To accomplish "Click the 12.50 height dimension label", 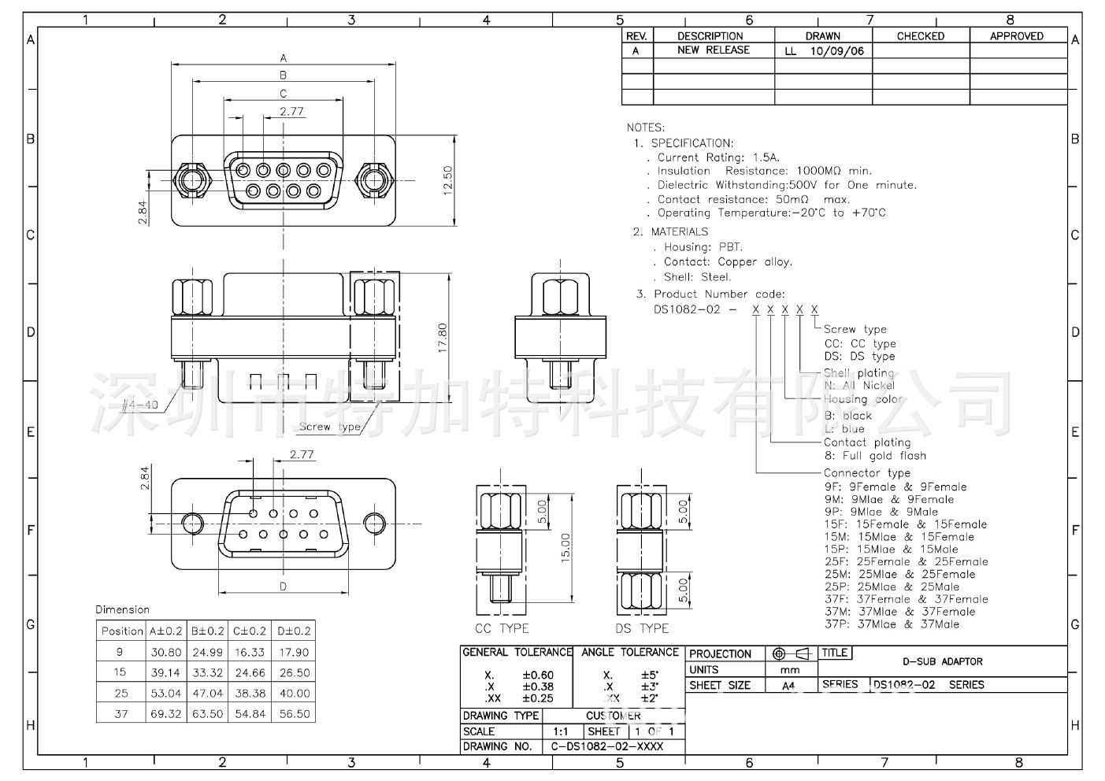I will point(447,180).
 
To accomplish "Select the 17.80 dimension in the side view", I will point(443,338).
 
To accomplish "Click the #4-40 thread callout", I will point(141,405).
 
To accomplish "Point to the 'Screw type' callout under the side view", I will point(329,427).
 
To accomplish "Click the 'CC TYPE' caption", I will point(502,628).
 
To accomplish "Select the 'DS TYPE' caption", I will point(642,628).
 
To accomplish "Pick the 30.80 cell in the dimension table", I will point(165,652).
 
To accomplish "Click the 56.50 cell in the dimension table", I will point(295,714).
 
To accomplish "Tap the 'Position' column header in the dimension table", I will point(122,631).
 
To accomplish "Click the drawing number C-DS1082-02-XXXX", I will point(606,746).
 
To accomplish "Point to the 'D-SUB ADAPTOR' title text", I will point(942,661).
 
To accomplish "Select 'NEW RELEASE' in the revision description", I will point(714,50).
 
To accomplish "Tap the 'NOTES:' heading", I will point(646,128).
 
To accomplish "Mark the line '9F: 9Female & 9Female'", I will point(895,487).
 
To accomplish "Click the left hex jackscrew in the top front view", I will point(191,180).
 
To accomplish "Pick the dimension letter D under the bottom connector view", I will point(283,586).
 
